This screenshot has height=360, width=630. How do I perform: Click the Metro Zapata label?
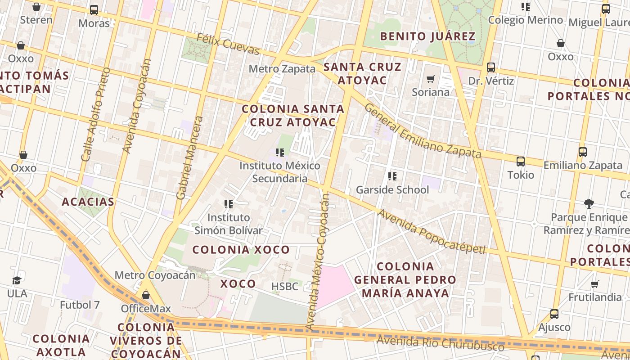[x=282, y=69]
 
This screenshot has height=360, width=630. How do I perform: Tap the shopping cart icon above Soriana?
[x=431, y=79]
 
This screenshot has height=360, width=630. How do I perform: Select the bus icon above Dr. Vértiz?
[x=491, y=67]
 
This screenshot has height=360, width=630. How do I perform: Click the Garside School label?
[x=392, y=190]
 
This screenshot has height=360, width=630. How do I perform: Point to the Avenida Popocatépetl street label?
[x=431, y=232]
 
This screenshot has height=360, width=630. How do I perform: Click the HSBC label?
[x=284, y=286]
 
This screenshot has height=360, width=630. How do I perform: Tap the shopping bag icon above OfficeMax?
[x=145, y=295]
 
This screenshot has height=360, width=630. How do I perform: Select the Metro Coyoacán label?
[x=155, y=275]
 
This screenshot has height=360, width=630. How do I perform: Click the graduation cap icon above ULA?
[x=17, y=280]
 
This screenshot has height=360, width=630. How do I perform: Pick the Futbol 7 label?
[x=80, y=305]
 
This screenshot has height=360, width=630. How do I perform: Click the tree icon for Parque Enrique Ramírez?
[x=589, y=204]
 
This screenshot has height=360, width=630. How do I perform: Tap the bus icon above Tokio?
[x=521, y=161]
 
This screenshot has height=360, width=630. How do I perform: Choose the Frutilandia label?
[x=595, y=297]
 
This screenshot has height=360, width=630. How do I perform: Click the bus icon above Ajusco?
[x=554, y=314]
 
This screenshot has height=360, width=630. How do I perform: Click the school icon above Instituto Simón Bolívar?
[x=229, y=204]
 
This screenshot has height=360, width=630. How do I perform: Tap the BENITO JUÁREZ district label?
[x=427, y=36]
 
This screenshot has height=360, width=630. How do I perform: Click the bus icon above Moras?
[x=94, y=10]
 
